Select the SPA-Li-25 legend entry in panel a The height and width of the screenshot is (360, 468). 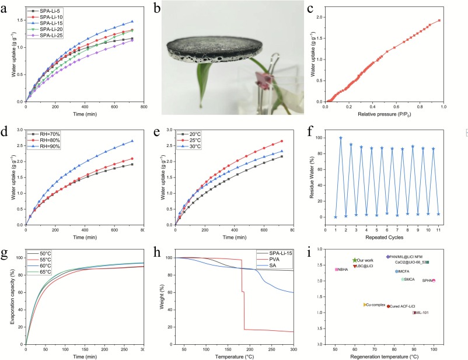(x=47, y=37)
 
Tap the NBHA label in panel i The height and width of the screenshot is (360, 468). (x=342, y=269)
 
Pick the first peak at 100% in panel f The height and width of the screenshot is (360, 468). (x=341, y=138)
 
